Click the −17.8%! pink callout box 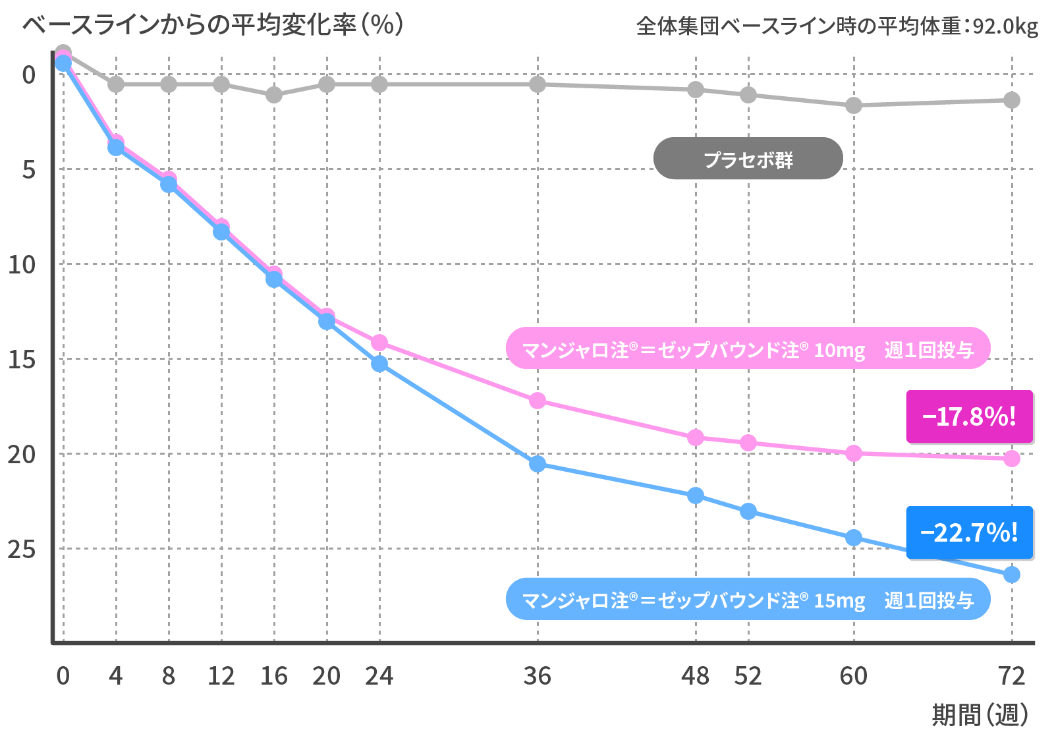point(970,416)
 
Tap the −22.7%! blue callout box point(970,532)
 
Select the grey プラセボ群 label point(748,159)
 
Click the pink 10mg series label point(748,349)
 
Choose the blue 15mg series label point(748,599)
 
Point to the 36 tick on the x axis point(538,676)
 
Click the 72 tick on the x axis point(1011,676)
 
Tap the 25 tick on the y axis point(22,549)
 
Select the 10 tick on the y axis point(22,265)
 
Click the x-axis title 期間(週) point(980,715)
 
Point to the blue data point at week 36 point(538,464)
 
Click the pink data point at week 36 point(538,401)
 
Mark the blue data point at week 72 point(1011,575)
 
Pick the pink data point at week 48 point(696,438)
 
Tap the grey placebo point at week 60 point(854,105)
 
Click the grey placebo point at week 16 point(274,95)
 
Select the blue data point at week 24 point(379,364)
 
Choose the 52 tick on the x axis point(748,676)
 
